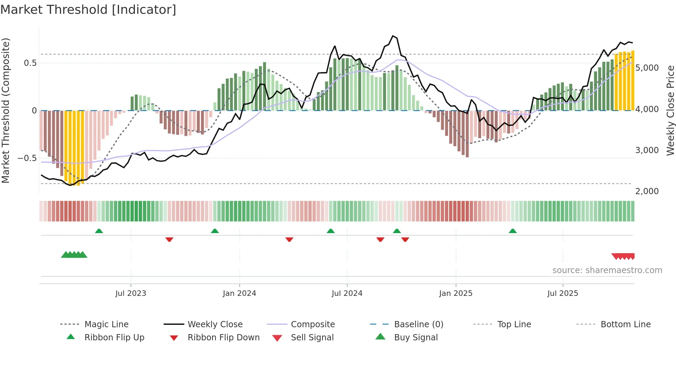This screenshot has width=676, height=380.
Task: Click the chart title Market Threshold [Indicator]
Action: click(x=88, y=10)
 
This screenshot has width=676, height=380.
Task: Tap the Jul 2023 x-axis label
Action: click(x=131, y=293)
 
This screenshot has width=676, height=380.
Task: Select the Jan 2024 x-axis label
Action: click(x=239, y=293)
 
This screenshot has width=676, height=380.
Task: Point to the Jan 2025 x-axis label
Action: click(x=456, y=293)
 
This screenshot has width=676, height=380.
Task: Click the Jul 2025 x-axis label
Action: click(x=563, y=293)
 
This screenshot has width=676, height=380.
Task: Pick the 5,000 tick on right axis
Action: click(x=647, y=68)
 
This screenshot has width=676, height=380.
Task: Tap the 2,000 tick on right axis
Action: click(x=647, y=191)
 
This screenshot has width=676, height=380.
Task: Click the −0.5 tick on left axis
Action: click(x=27, y=158)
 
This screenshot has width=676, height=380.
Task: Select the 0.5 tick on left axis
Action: click(x=30, y=63)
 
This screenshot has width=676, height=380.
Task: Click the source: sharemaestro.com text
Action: click(x=607, y=270)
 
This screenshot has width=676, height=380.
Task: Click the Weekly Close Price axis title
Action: click(x=670, y=110)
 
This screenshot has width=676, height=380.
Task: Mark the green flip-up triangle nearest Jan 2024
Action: click(x=215, y=231)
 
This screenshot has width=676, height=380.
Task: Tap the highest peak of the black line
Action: click(x=393, y=36)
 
